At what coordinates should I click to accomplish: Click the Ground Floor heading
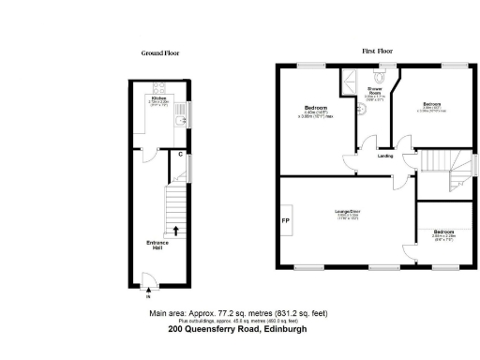[x=159, y=53]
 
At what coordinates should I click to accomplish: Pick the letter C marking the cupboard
[x=180, y=154]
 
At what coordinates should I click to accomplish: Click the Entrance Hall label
[x=157, y=247]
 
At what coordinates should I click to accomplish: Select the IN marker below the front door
[x=147, y=295]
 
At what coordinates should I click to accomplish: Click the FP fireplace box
[x=286, y=221]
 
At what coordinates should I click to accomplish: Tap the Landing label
[x=384, y=156]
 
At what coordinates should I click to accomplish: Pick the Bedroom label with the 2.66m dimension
[x=442, y=231]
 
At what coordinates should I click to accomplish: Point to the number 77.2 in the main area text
[x=217, y=313]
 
